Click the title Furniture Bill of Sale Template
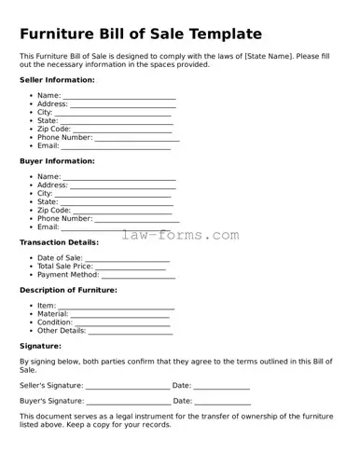tap(141, 34)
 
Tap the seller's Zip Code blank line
tap(122, 130)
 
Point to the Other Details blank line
tap(130, 332)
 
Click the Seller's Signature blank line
tap(128, 387)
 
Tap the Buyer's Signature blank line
tap(129, 402)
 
